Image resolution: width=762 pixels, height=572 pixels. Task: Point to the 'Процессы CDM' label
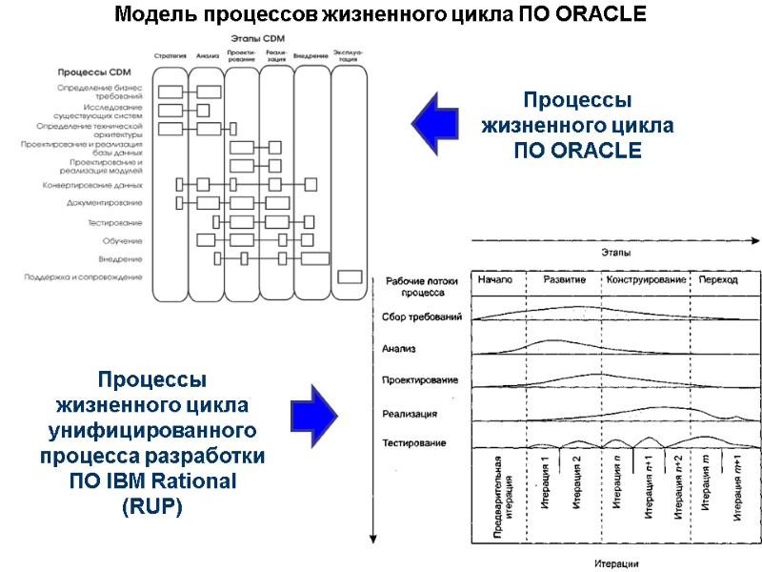tap(93, 72)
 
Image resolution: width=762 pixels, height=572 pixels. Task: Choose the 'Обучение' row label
tap(123, 240)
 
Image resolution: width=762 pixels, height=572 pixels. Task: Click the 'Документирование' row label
tap(105, 203)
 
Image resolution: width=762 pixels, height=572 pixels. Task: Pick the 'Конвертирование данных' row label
tap(92, 185)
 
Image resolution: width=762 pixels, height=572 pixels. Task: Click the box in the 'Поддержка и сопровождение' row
tap(351, 277)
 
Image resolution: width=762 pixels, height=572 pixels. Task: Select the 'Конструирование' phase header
tap(647, 280)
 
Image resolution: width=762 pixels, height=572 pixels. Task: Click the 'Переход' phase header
tap(718, 280)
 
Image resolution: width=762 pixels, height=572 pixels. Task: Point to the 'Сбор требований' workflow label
tap(421, 317)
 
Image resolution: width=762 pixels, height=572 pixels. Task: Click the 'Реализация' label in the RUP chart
tap(410, 414)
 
